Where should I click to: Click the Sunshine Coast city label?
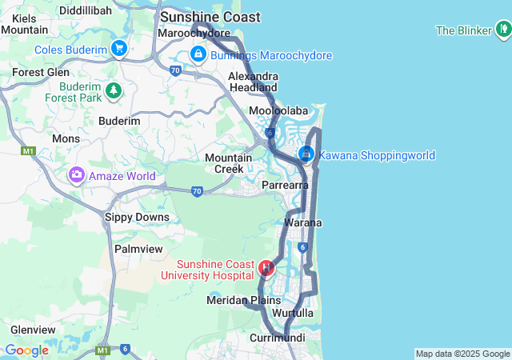point(210,17)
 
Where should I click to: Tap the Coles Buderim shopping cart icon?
point(119,49)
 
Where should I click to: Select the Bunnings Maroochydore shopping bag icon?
point(197,54)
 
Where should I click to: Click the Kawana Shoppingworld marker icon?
point(306,154)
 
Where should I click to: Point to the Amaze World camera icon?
point(77,174)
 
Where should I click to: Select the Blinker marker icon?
point(502,30)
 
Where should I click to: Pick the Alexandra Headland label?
point(253,82)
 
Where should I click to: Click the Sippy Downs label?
point(138,217)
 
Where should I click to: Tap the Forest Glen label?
point(41,72)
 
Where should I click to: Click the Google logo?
point(26,350)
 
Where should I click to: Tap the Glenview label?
point(33,330)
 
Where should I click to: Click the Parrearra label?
point(286,185)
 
